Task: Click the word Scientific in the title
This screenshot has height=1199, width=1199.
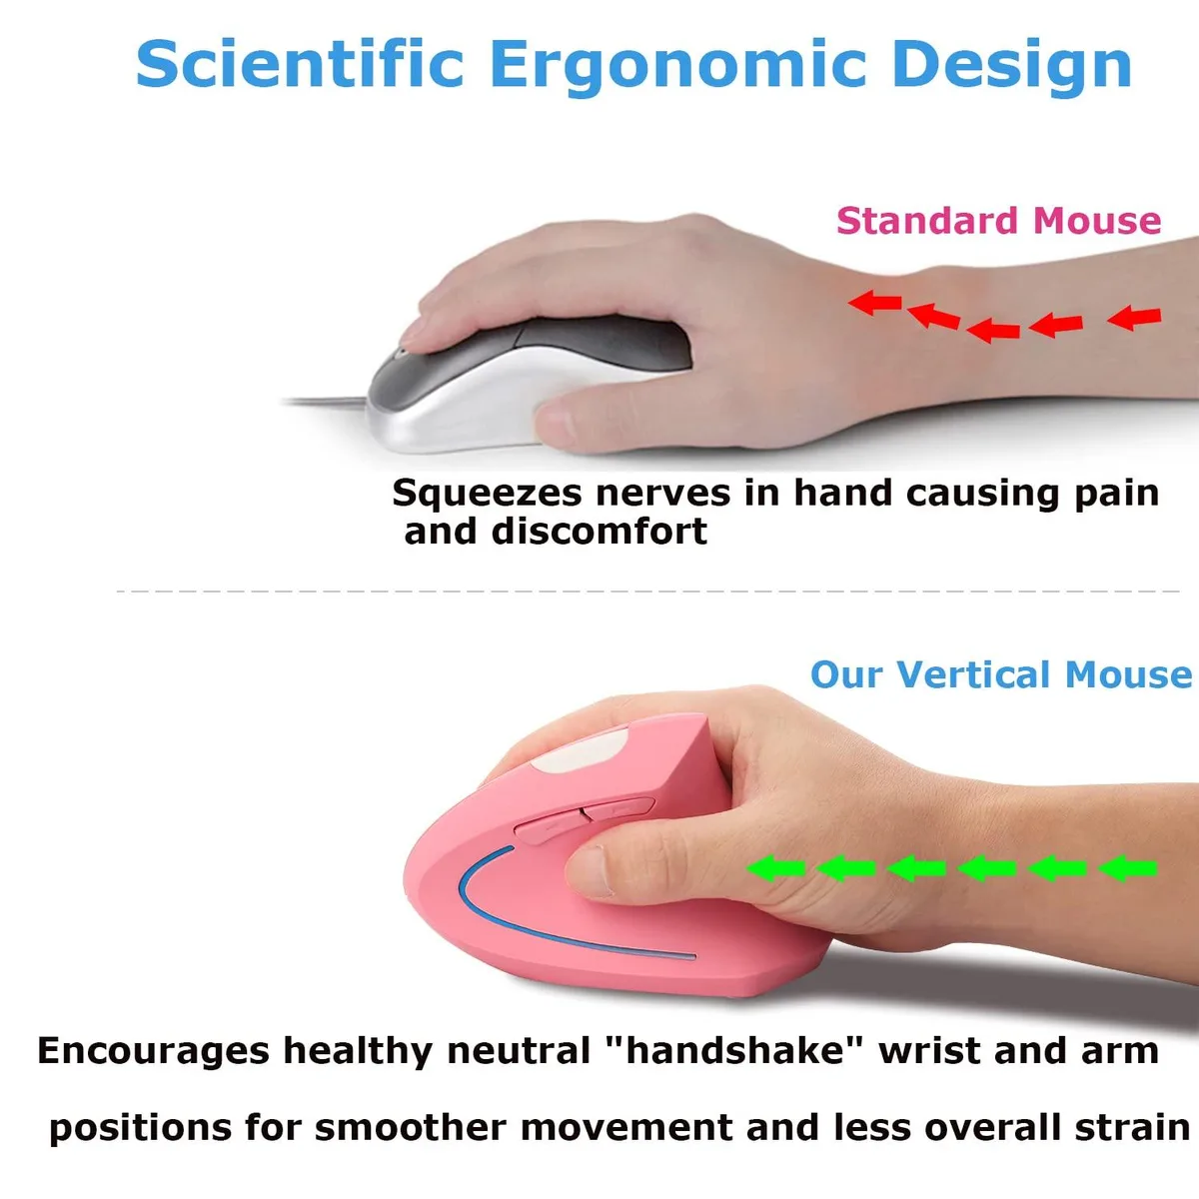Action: coord(300,64)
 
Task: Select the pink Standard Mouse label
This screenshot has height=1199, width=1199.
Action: coord(998,220)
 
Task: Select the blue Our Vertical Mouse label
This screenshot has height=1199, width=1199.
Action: coord(1001,674)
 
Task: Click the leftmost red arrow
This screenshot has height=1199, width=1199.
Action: coord(875,303)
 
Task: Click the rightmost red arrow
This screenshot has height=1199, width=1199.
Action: coord(1134,318)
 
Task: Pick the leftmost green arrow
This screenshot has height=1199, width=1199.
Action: coord(776,868)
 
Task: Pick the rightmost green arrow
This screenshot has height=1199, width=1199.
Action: coord(1127,868)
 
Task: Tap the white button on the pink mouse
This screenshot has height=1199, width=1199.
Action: coord(580,750)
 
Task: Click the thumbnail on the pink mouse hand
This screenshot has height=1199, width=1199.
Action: coord(588,871)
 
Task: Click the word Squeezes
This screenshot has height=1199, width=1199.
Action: coord(487,494)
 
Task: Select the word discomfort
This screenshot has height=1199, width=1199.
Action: coord(599,532)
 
